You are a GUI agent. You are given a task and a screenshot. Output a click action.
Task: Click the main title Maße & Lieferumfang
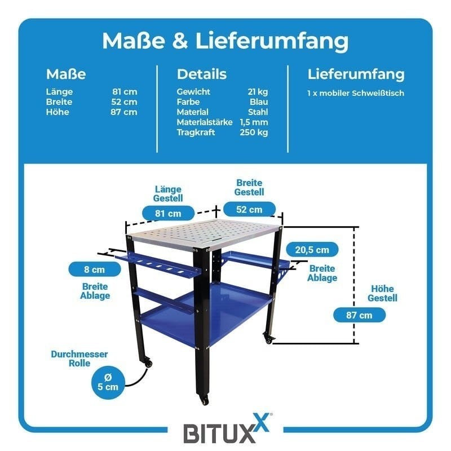pos(225,41)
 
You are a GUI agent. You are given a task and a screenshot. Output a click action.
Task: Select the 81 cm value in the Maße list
pos(125,92)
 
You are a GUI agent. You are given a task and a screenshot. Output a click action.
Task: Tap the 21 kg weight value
pos(257,92)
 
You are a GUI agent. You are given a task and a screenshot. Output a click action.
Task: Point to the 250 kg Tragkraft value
pos(254,132)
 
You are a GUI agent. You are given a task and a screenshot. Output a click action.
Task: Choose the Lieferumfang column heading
pos(356,74)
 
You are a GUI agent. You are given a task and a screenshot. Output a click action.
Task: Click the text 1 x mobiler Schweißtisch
pos(356,93)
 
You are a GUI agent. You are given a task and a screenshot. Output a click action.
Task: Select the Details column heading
pos(202,74)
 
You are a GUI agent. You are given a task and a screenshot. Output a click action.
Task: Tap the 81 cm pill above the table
pos(167,214)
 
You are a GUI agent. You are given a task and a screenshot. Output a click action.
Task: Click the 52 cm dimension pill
pos(249,210)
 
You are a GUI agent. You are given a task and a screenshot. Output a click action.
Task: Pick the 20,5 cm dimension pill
pos(312,249)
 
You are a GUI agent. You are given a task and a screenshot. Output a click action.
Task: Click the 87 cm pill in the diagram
pos(360,315)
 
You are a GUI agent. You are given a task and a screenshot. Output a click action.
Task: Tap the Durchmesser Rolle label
pos(79,359)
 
